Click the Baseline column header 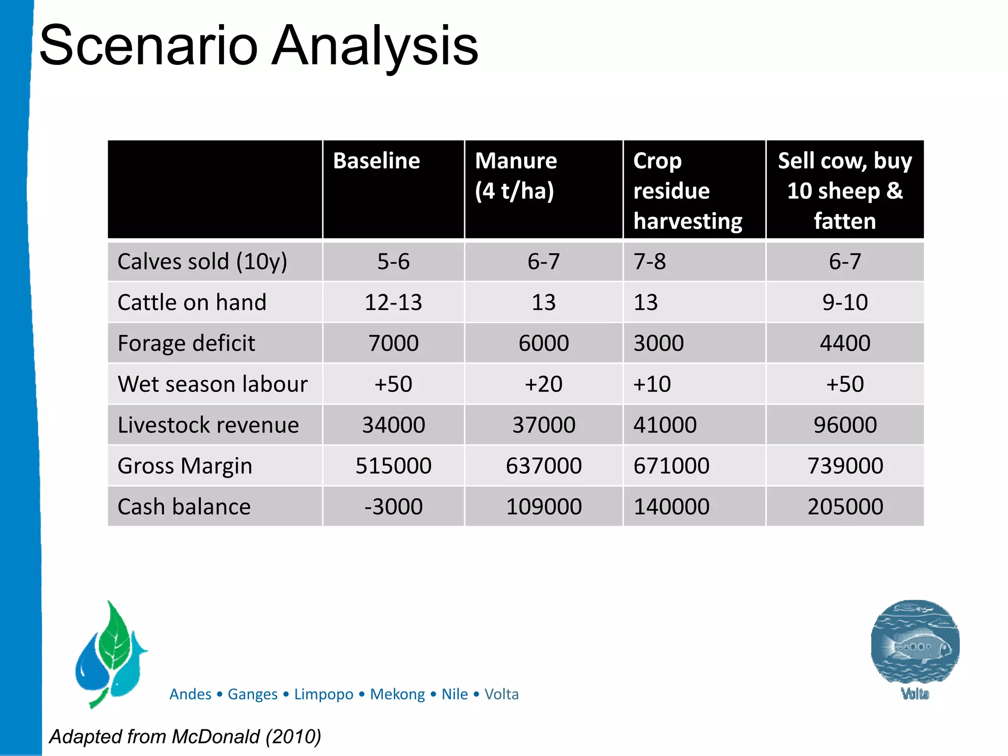tap(377, 161)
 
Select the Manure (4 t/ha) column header tap(515, 176)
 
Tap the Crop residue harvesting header tap(687, 190)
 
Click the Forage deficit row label tap(186, 343)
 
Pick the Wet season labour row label tap(212, 384)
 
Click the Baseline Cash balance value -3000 tap(393, 506)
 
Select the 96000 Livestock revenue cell tap(845, 425)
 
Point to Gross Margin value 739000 tap(845, 466)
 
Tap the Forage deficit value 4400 tap(845, 343)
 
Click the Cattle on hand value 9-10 tap(845, 302)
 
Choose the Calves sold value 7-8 tap(650, 261)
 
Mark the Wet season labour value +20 tap(543, 384)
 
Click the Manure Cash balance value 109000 tap(543, 506)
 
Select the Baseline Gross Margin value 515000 tap(393, 466)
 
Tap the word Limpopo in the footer tap(323, 694)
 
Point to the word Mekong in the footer tap(397, 694)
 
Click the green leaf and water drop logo tap(111, 653)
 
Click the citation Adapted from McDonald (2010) tap(185, 737)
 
